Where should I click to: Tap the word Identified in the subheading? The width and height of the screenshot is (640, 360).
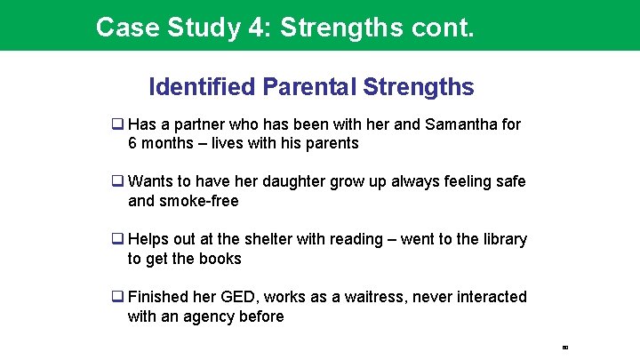202,87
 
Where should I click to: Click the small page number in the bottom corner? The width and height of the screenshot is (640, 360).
564,347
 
